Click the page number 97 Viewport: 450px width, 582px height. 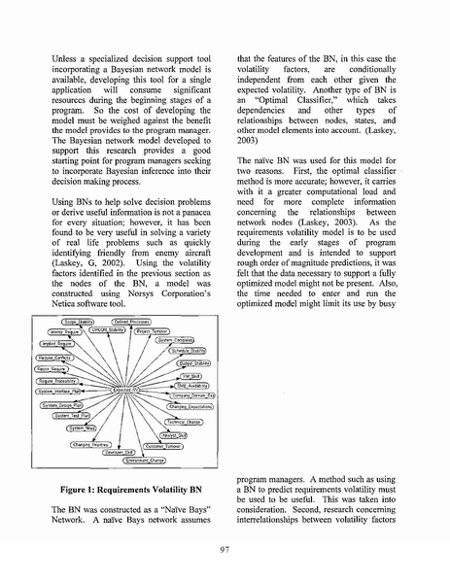click(x=225, y=549)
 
